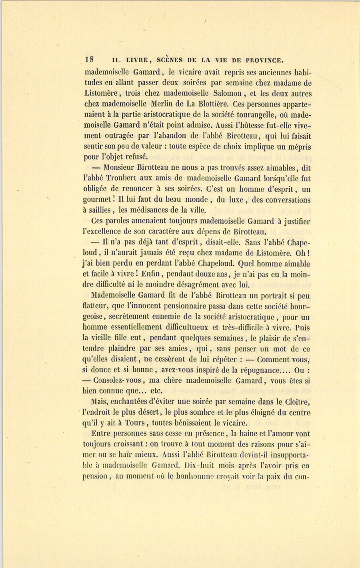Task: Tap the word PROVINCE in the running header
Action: (261, 60)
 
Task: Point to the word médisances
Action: (159, 210)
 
